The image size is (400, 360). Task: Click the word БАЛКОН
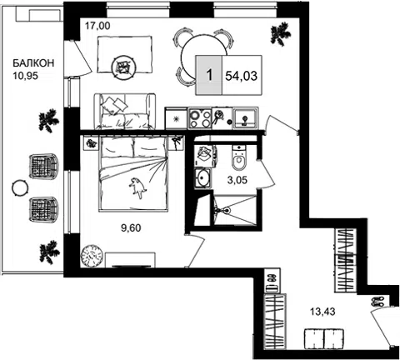[x=33, y=63]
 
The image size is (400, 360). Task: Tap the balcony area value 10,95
[x=25, y=76]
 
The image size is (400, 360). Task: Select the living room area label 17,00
[x=97, y=26]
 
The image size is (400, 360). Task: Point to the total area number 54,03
[x=242, y=76]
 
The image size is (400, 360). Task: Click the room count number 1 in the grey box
[x=209, y=75]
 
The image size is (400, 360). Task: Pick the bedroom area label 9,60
[x=131, y=228]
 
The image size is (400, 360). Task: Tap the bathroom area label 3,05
[x=237, y=180]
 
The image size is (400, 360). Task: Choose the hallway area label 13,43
[x=322, y=312]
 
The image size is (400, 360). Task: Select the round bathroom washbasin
[x=202, y=177]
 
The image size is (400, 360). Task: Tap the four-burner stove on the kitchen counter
[x=199, y=118]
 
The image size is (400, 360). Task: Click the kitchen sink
[x=245, y=118]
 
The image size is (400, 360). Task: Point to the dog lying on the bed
[x=137, y=187]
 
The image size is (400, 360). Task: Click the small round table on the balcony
[x=20, y=188]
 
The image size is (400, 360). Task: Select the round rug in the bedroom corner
[x=92, y=256]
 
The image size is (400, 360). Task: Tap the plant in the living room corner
[x=281, y=34]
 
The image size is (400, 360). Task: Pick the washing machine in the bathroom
[x=205, y=156]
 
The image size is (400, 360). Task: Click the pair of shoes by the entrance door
[x=377, y=302]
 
